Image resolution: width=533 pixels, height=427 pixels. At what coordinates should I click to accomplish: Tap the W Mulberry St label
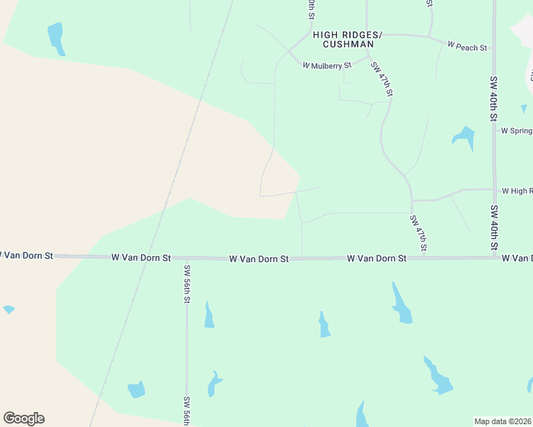pyautogui.click(x=327, y=65)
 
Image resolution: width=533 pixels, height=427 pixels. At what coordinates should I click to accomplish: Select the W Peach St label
pyautogui.click(x=467, y=47)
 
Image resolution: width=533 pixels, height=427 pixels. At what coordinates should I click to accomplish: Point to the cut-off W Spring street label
pyautogui.click(x=517, y=131)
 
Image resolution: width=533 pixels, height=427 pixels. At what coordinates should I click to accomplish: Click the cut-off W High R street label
pyautogui.click(x=517, y=191)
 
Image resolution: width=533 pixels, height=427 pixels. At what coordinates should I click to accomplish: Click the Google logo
pyautogui.click(x=24, y=418)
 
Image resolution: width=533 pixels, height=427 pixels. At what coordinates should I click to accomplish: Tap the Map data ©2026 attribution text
pyautogui.click(x=502, y=421)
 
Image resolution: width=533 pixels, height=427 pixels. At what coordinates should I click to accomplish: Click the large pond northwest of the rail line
pyautogui.click(x=56, y=38)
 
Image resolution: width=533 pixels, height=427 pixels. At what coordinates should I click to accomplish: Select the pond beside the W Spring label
pyautogui.click(x=465, y=137)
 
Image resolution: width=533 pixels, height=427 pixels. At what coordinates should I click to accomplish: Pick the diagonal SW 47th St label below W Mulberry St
pyautogui.click(x=382, y=78)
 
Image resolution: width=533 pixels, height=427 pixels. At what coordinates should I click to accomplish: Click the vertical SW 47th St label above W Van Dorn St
pyautogui.click(x=418, y=233)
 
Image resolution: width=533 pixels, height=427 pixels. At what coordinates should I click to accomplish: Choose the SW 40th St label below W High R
pyautogui.click(x=493, y=228)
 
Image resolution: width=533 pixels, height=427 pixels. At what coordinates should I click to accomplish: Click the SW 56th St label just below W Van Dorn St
pyautogui.click(x=187, y=284)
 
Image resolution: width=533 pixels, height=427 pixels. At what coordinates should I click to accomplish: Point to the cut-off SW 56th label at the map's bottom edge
pyautogui.click(x=187, y=411)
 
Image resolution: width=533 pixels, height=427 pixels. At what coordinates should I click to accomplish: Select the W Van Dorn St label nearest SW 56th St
pyautogui.click(x=141, y=257)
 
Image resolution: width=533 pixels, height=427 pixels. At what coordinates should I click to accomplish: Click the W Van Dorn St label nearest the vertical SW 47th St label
pyautogui.click(x=376, y=258)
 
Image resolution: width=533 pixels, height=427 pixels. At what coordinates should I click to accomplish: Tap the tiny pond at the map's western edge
pyautogui.click(x=9, y=310)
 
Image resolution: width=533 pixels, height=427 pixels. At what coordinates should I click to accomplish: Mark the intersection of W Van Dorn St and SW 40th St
pyautogui.click(x=495, y=258)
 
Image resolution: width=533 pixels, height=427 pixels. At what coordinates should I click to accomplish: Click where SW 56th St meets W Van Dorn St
pyautogui.click(x=187, y=258)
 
